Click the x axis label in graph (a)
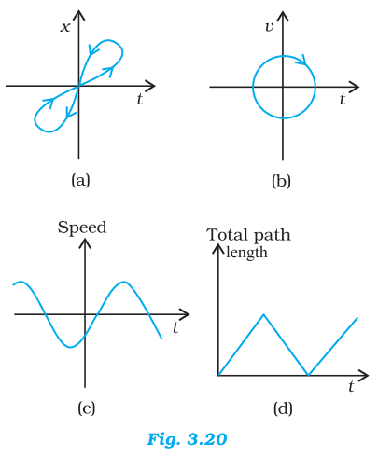point(65,27)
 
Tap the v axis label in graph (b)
point(270,27)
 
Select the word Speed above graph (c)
point(82,228)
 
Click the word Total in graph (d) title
point(226,235)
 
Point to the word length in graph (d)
point(246,252)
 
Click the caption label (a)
point(80,180)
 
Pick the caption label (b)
point(281,181)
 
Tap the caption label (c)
point(87,408)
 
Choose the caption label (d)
point(283,408)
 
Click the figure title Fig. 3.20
point(187,439)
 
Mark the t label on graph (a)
point(140,100)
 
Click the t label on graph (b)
point(343,100)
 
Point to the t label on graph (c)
point(175,327)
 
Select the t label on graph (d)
point(351,387)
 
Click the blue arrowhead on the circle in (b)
point(301,60)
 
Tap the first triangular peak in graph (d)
point(264,314)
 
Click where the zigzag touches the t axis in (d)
point(308,375)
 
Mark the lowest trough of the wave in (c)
point(71,347)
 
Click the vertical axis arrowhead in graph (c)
point(85,243)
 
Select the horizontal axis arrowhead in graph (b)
point(354,87)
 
